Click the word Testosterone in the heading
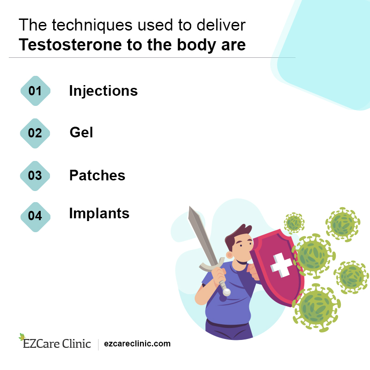point(70,44)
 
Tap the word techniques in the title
point(92,25)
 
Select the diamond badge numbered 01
point(36,91)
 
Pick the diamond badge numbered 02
point(35,133)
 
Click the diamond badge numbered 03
point(35,176)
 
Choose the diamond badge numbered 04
point(36,217)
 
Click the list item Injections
point(103,91)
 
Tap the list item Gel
point(81,132)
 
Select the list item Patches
point(97,175)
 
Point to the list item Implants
point(99,214)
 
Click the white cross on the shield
point(281,265)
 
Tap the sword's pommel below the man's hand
point(227,292)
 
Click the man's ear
point(229,255)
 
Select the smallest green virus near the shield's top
point(294,223)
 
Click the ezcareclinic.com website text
point(137,344)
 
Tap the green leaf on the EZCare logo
point(22,337)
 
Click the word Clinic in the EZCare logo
point(76,344)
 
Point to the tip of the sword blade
point(190,206)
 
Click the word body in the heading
point(196,45)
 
